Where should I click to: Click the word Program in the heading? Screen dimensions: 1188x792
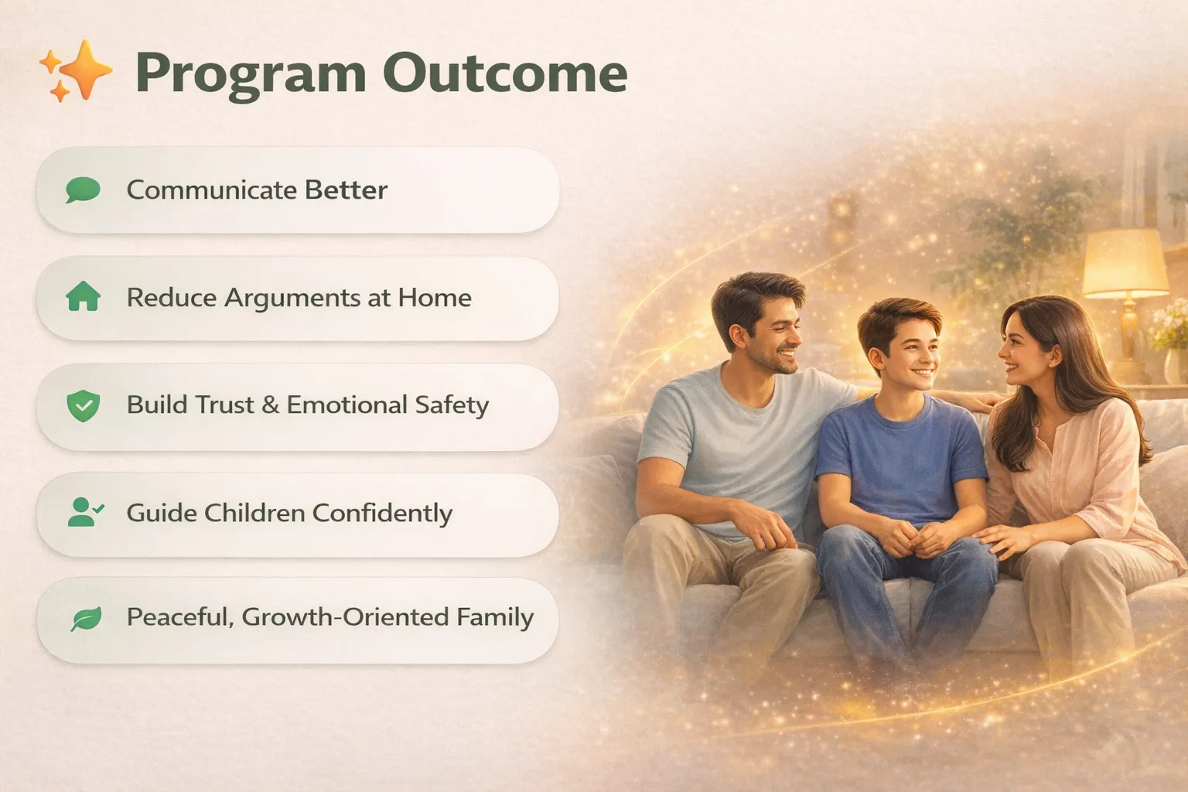click(x=251, y=75)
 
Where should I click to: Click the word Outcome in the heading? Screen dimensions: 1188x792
click(x=505, y=73)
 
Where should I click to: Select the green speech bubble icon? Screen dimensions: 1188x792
click(x=83, y=190)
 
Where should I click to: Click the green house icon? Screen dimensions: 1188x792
click(x=84, y=296)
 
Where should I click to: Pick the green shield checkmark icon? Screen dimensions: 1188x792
click(x=84, y=406)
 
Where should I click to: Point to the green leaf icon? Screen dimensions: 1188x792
click(x=86, y=619)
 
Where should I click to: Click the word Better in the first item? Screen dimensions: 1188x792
click(x=346, y=190)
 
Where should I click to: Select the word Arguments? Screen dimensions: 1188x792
click(x=293, y=298)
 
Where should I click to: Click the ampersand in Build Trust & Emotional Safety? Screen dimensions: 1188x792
click(x=270, y=405)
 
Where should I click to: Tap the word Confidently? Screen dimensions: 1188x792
click(x=382, y=514)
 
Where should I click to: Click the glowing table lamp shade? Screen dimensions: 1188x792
click(x=1125, y=263)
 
